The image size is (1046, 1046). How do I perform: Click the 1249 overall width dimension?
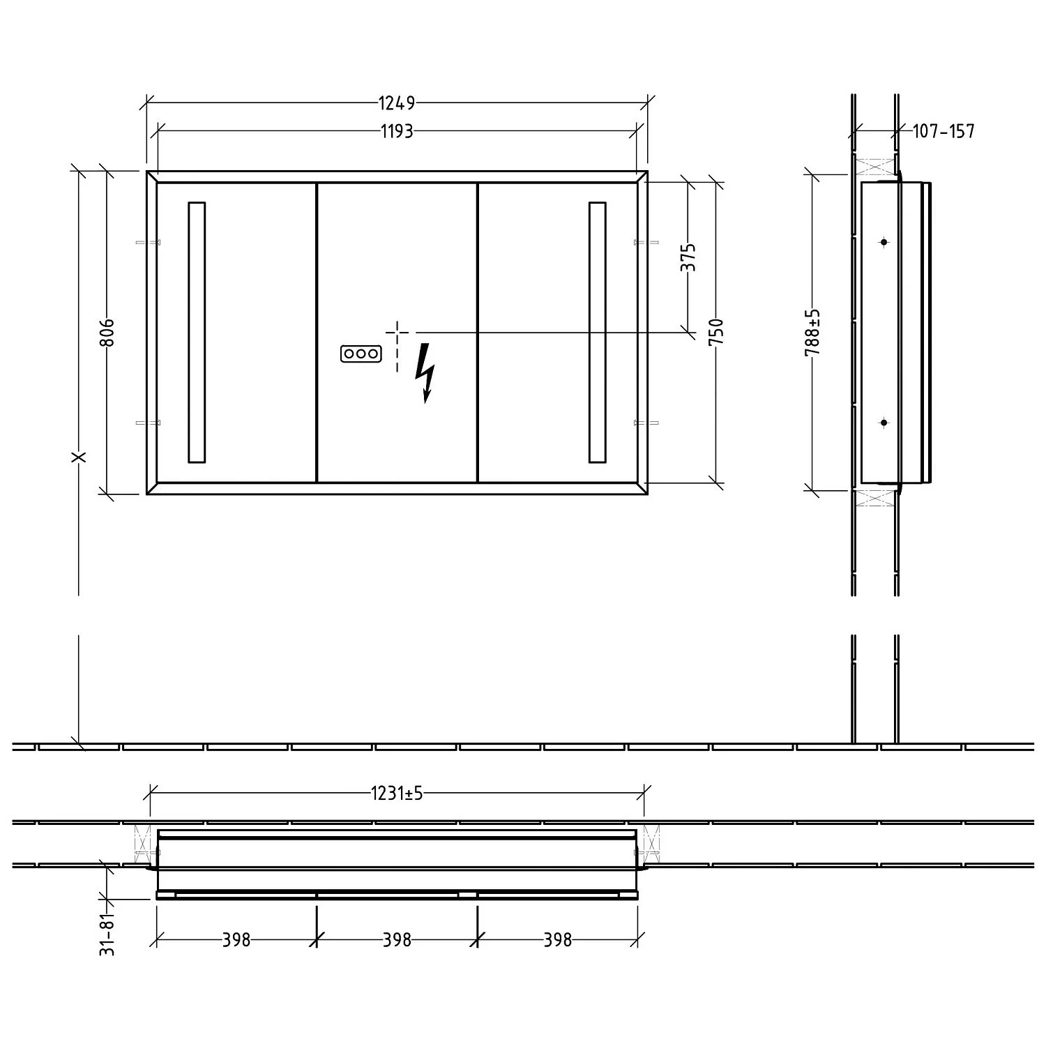[397, 103]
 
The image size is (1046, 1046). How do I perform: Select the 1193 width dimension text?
[397, 131]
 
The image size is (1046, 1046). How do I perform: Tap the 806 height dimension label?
[107, 333]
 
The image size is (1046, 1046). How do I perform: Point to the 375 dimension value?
[688, 257]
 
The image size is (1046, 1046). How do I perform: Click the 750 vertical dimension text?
[716, 333]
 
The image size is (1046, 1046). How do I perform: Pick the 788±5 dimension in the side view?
[813, 333]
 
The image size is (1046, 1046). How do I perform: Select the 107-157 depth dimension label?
[943, 131]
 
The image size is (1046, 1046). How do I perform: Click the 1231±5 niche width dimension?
[397, 793]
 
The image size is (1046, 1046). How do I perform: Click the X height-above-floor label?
[79, 457]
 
